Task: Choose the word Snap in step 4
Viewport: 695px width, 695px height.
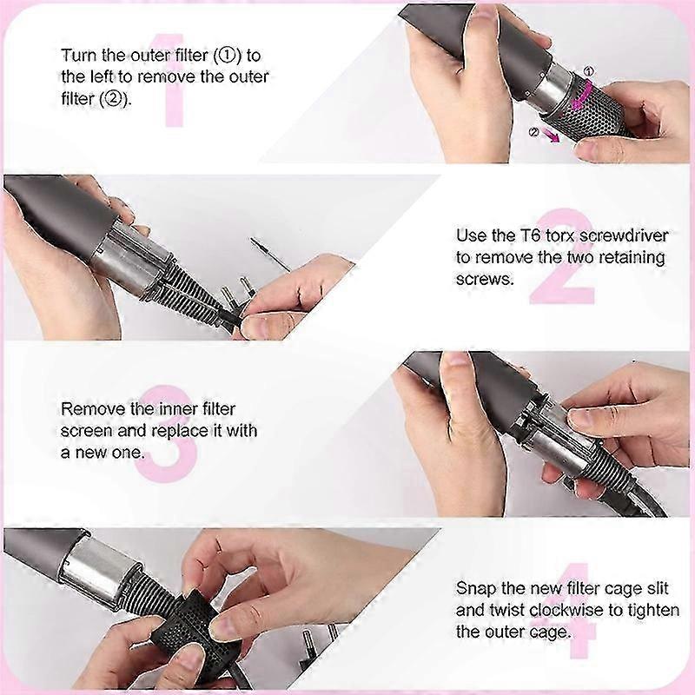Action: tap(475, 589)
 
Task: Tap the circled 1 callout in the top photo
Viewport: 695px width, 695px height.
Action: tap(588, 71)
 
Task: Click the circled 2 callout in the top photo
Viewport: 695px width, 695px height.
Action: tap(534, 132)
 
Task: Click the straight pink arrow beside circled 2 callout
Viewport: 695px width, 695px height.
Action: tap(550, 136)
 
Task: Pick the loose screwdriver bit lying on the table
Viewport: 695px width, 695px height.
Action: tap(270, 255)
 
